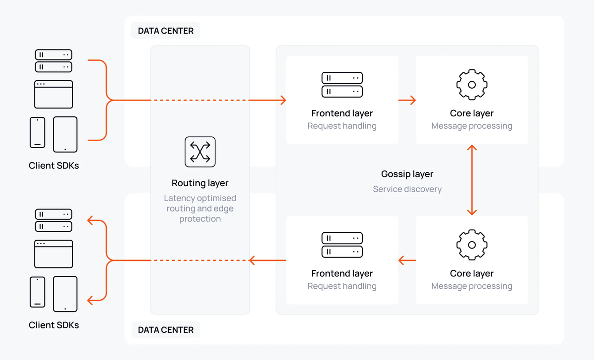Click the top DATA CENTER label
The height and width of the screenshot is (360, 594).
(165, 31)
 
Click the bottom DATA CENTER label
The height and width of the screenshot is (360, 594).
(165, 330)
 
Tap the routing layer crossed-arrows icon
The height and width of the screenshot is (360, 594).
(200, 152)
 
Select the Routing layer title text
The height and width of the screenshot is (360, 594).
(200, 183)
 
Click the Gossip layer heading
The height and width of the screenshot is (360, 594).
(407, 174)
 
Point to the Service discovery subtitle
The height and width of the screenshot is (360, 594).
(407, 189)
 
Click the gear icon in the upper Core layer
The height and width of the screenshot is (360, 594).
(472, 85)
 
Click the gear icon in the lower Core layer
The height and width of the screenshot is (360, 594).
(472, 245)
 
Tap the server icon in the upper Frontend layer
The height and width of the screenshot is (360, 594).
(342, 85)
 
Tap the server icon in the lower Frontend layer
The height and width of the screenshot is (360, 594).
(342, 245)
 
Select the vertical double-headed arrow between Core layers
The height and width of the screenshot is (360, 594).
(472, 180)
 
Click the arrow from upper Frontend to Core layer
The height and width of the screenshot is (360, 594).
(407, 101)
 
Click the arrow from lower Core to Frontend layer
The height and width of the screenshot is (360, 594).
(407, 260)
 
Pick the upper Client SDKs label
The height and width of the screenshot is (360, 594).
(53, 166)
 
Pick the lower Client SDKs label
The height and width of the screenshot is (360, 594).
(53, 325)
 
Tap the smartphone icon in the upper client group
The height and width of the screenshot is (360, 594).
(37, 132)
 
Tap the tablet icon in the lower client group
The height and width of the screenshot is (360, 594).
(65, 294)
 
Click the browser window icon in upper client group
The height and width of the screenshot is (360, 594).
(53, 94)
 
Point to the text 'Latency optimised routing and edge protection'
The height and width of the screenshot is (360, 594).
(200, 208)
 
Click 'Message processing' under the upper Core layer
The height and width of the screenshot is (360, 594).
(472, 126)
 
